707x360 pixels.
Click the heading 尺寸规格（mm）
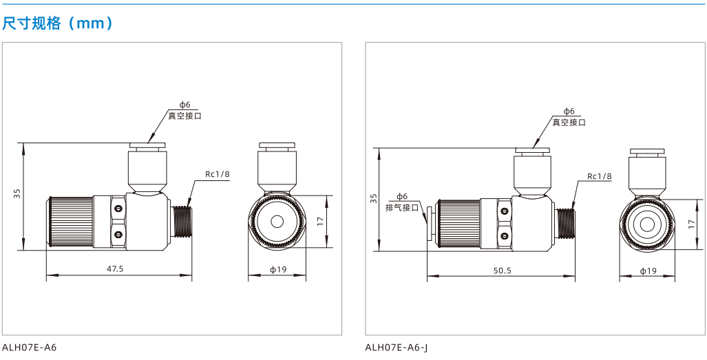57,23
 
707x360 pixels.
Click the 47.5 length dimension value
115,269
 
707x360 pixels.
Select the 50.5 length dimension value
503,271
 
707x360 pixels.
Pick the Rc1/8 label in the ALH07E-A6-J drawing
600,176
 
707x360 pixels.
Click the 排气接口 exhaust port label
403,208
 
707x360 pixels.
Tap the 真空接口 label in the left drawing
184,116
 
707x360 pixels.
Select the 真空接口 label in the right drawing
569,122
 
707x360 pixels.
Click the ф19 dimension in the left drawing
278,269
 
